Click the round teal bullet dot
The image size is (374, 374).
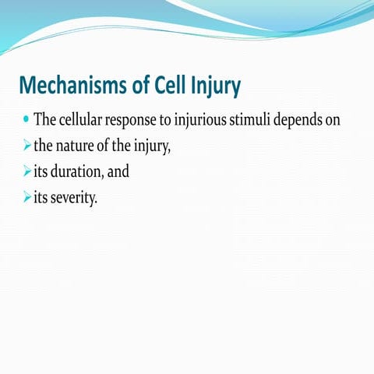point(26,122)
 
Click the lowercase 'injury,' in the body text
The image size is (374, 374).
point(150,148)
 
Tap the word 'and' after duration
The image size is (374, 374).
point(119,172)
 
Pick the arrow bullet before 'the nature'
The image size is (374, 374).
point(26,147)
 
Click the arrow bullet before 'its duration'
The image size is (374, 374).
point(26,172)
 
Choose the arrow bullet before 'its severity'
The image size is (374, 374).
point(26,197)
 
